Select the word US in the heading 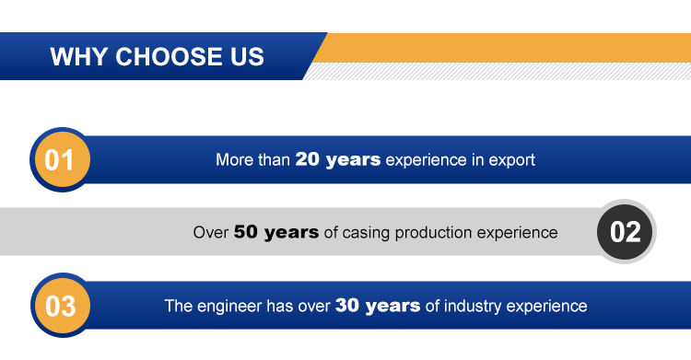247,57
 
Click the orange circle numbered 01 61,159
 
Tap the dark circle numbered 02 626,232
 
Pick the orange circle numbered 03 61,306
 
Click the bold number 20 308,159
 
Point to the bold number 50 246,232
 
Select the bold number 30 347,306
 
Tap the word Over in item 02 211,232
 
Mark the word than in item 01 275,159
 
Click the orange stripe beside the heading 502,48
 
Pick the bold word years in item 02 291,233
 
